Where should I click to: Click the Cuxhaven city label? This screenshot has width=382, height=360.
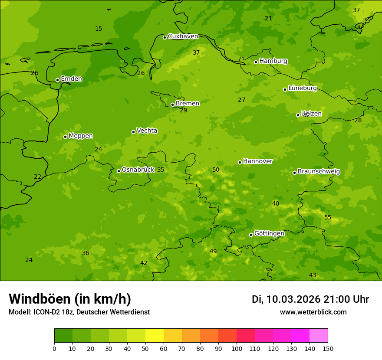coord(183,36)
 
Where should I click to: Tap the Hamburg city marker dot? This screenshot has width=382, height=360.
coord(256,62)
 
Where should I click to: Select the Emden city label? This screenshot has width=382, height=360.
coord(71,79)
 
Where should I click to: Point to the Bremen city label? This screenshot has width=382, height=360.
coord(187,104)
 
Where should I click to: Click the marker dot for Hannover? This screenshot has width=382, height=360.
coord(240,162)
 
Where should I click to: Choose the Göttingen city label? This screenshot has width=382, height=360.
coord(269,234)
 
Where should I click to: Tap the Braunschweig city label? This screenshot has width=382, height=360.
coord(319,172)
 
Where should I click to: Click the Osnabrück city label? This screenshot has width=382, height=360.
coord(138,170)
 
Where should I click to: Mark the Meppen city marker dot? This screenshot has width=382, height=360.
coord(65,137)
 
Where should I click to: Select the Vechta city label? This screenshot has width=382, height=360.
coord(147,131)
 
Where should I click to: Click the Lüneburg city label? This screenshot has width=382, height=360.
coord(302,88)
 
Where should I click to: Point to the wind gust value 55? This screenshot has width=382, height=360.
coord(328,218)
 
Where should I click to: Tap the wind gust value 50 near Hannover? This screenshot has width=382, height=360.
coord(216,170)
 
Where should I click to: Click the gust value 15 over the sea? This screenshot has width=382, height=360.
coord(99,29)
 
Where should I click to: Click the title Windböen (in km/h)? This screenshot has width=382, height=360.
coord(70,299)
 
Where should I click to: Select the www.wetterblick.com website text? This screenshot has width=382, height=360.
coord(313,312)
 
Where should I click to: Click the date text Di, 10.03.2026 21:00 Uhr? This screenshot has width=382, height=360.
coord(310,299)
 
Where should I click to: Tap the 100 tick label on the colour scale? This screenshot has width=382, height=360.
coord(237,349)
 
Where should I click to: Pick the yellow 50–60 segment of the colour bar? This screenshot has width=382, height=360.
coord(155,336)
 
